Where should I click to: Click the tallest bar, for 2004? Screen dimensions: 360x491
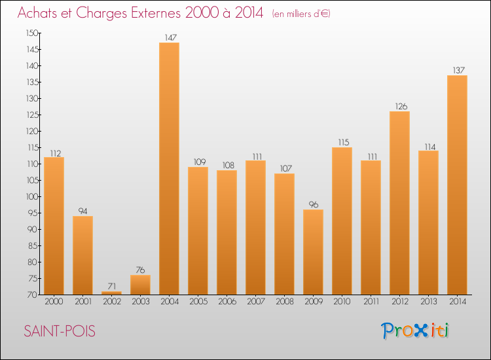[x=169, y=168]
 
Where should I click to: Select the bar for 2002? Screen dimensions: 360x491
[x=111, y=293]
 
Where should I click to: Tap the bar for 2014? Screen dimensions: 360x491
[x=457, y=185]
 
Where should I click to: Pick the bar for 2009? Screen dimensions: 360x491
[x=313, y=252]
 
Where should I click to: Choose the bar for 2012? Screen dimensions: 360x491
[x=399, y=203]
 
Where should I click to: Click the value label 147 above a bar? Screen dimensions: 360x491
[x=169, y=38]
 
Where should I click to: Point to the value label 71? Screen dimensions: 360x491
[x=111, y=286]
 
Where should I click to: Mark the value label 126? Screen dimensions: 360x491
[x=399, y=106]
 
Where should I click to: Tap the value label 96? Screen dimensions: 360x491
[x=313, y=204]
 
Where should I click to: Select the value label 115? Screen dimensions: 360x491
[x=342, y=142]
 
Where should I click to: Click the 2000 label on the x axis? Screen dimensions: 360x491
[x=54, y=302]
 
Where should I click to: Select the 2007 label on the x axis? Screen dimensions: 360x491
[x=255, y=302]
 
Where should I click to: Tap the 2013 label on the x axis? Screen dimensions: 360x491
[x=428, y=302]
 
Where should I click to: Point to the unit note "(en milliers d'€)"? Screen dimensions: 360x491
[x=301, y=14]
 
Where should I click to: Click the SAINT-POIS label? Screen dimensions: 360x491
[x=60, y=332]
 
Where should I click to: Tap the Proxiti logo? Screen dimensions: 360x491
[x=416, y=331]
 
